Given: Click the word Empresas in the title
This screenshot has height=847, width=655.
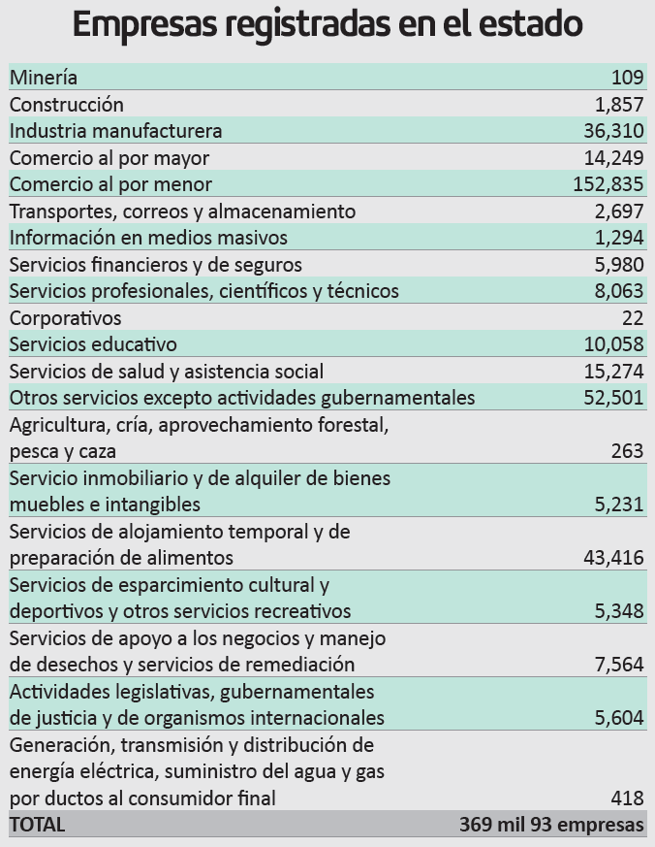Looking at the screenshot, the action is [x=143, y=25].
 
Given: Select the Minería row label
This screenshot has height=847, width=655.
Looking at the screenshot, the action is [x=44, y=78].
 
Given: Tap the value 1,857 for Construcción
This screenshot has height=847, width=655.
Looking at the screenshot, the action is [x=619, y=104].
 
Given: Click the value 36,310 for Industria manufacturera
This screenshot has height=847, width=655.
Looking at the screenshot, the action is [x=613, y=131].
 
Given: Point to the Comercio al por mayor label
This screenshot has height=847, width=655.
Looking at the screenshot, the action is [x=109, y=158].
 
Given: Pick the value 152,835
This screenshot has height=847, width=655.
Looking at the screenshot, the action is [x=608, y=184].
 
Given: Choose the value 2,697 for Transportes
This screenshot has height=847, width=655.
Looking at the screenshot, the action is [x=619, y=212].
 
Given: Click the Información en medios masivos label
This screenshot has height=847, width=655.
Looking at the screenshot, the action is [x=148, y=238].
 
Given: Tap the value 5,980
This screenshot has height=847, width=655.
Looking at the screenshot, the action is [x=619, y=265].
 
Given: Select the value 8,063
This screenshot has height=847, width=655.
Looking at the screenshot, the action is [x=619, y=291].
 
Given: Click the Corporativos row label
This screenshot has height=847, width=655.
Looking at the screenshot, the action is [x=65, y=318].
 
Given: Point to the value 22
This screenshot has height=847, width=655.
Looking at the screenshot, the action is [x=633, y=318].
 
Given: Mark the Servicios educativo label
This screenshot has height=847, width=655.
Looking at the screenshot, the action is [x=93, y=344].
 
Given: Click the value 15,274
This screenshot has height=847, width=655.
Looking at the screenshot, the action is [x=613, y=372].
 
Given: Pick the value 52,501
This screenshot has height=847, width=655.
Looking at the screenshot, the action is [x=613, y=398].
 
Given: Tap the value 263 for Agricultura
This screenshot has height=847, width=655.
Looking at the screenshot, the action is [x=627, y=451].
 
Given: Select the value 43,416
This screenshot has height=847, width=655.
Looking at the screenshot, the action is [x=613, y=558].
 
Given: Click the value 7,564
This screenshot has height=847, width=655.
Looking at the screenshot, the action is [x=619, y=665].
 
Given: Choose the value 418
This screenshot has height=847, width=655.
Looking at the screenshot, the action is [x=627, y=798].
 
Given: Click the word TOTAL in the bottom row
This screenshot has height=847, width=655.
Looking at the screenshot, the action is [x=37, y=825].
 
